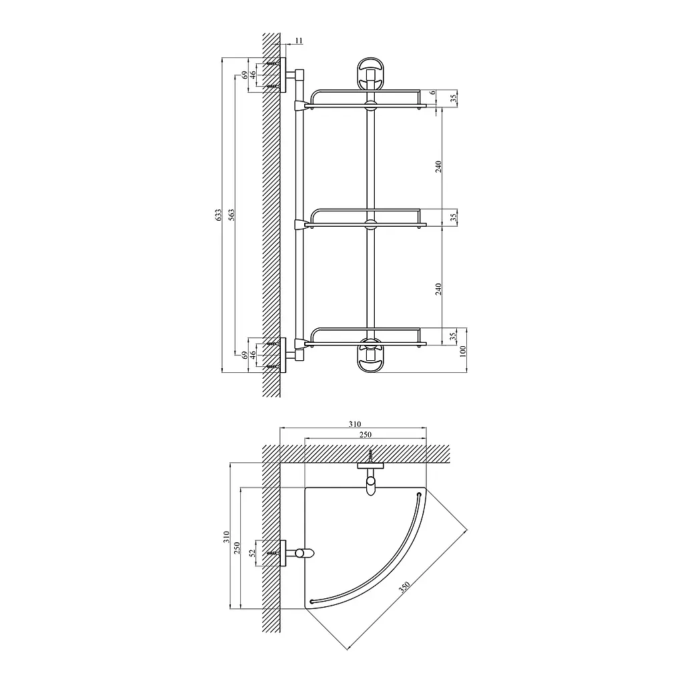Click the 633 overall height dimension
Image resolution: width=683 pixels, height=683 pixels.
tap(219, 215)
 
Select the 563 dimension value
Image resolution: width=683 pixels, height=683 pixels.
tap(231, 215)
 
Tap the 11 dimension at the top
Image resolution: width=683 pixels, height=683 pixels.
tap(298, 41)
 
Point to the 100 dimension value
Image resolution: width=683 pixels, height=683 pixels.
tap(463, 351)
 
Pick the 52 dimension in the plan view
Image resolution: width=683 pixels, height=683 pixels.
tap(251, 553)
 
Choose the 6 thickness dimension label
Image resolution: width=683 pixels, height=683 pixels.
tap(433, 93)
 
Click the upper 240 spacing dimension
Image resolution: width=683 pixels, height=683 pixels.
tap(439, 166)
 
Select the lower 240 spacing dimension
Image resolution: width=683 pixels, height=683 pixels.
tap(439, 289)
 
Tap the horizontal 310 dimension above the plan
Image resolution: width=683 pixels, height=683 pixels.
tap(355, 424)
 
